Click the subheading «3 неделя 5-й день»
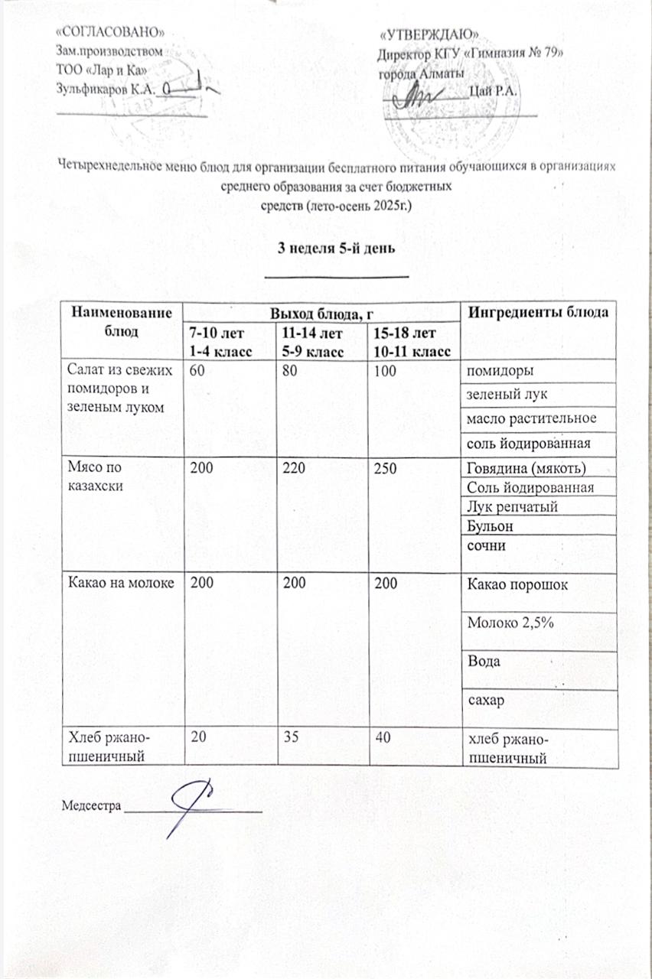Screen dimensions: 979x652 tap(337, 249)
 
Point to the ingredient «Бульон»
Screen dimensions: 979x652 tap(486, 526)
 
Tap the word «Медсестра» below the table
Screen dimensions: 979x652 tap(90, 805)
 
